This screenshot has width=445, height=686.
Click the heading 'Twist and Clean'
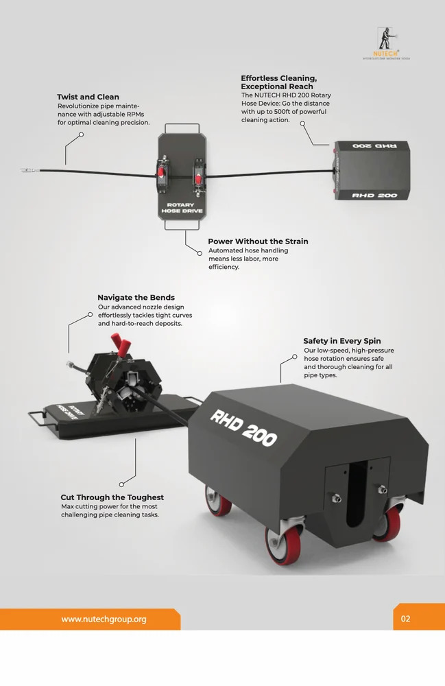tap(88, 97)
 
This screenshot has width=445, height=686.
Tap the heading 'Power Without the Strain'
tap(258, 241)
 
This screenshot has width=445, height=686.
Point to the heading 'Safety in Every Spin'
tap(342, 341)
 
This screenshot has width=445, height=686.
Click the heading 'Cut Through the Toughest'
tap(112, 497)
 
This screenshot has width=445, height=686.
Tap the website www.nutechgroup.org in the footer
tap(104, 619)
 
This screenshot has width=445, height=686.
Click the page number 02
tap(405, 619)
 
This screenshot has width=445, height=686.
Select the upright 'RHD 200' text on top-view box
tap(374, 196)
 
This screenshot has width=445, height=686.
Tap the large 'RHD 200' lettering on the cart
tap(243, 427)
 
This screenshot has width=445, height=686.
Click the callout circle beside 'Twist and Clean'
tap(82, 134)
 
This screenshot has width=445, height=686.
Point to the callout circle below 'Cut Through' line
tap(121, 484)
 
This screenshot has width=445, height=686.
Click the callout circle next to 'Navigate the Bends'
tap(89, 315)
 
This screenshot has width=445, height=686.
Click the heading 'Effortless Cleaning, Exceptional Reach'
tap(278, 82)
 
